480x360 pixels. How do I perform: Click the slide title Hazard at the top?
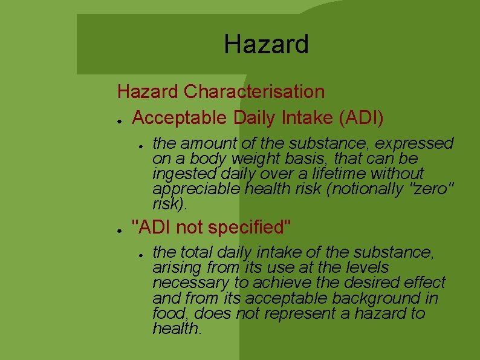tap(266, 44)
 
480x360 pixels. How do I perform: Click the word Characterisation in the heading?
tap(254, 92)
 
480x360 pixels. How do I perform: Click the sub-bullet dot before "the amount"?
tap(139, 145)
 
